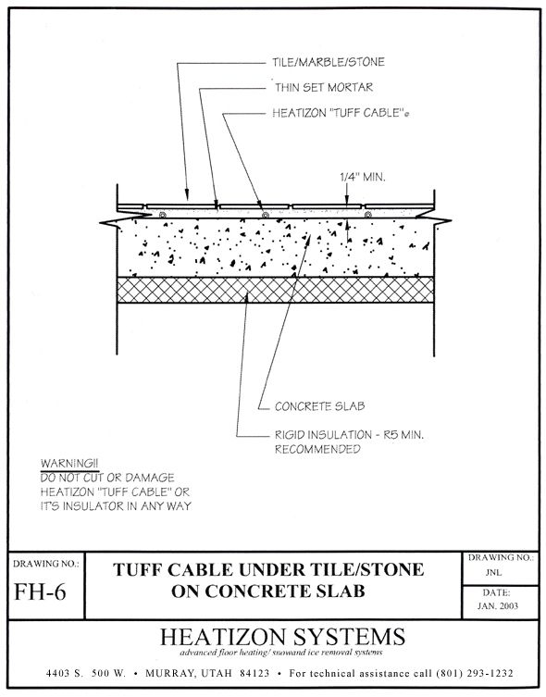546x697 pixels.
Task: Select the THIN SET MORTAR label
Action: tap(321, 89)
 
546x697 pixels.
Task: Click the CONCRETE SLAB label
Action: tap(316, 405)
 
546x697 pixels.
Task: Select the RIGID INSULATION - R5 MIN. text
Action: tap(349, 435)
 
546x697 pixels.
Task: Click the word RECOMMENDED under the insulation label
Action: tap(317, 450)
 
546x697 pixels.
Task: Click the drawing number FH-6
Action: tap(45, 590)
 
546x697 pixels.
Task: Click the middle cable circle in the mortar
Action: tap(266, 215)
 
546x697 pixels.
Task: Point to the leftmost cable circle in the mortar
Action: tap(163, 215)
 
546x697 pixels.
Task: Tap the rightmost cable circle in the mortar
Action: tap(367, 215)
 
